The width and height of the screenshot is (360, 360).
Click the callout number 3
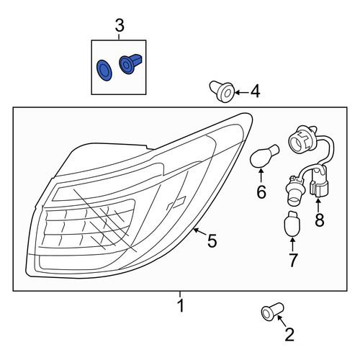(120, 26)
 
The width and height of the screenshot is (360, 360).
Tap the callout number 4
(255, 92)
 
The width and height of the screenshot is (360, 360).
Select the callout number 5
(212, 241)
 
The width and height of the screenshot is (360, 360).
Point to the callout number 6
(261, 192)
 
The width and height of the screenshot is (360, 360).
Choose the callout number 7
(292, 260)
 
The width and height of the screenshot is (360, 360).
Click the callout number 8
(320, 220)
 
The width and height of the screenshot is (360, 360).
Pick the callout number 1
(181, 305)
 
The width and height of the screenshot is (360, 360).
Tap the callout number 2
(289, 335)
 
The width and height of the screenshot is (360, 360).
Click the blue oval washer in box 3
(104, 70)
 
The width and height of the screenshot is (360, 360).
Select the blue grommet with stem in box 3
(130, 63)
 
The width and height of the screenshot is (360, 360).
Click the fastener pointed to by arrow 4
(222, 91)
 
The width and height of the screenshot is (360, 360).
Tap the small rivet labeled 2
(272, 312)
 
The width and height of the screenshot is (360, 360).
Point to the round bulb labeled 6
(264, 156)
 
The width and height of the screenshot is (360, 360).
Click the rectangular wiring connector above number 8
(318, 182)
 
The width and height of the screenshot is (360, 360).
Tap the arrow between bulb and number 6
(261, 176)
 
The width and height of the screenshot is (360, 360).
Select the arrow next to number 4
(242, 92)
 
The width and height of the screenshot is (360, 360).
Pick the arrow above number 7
(292, 245)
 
